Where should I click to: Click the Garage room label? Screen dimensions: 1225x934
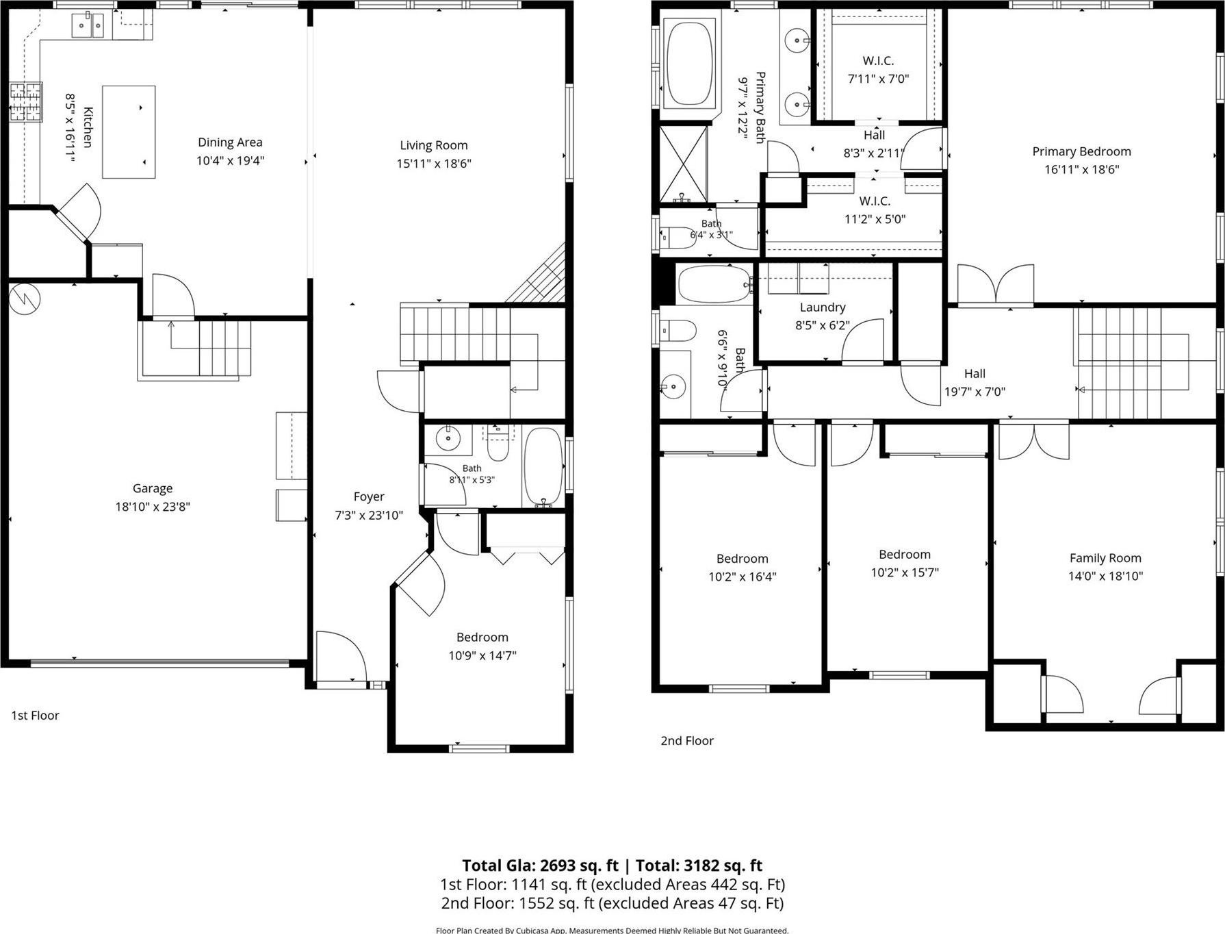pyautogui.click(x=153, y=488)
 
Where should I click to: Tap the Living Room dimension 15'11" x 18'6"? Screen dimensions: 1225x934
pyautogui.click(x=434, y=164)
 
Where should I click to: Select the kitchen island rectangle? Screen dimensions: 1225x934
pyautogui.click(x=129, y=132)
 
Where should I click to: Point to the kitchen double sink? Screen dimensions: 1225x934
pyautogui.click(x=88, y=27)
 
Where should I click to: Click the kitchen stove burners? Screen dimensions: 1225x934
pyautogui.click(x=25, y=102)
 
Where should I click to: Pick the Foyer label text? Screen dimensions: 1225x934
pyautogui.click(x=369, y=497)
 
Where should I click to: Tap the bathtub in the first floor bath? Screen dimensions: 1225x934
pyautogui.click(x=543, y=468)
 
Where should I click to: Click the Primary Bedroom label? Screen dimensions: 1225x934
pyautogui.click(x=1082, y=152)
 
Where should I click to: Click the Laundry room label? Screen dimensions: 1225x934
pyautogui.click(x=823, y=307)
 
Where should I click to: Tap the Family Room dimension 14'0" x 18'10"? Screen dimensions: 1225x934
pyautogui.click(x=1106, y=577)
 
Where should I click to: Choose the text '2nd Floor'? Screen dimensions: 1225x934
pyautogui.click(x=687, y=741)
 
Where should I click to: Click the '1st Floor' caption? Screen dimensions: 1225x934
pyautogui.click(x=35, y=716)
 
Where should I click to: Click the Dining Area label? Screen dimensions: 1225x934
pyautogui.click(x=230, y=142)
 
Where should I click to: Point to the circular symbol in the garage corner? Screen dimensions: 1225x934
pyautogui.click(x=25, y=299)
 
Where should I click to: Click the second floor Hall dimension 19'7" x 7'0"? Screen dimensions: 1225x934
pyautogui.click(x=975, y=392)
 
